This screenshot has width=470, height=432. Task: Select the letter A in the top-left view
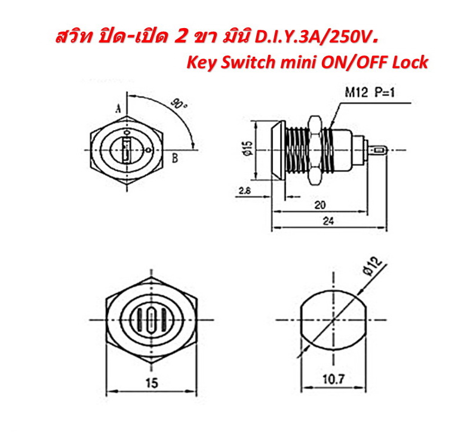(x=119, y=109)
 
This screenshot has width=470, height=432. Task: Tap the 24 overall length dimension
(x=328, y=221)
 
